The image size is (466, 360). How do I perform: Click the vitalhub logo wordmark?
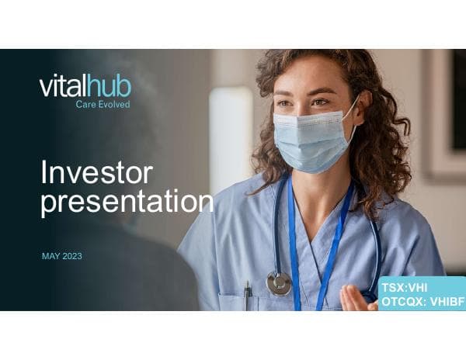(x=85, y=86)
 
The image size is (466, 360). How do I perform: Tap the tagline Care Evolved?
(x=103, y=104)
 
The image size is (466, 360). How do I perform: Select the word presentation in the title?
(x=127, y=202)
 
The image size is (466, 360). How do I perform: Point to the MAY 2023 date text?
(x=61, y=256)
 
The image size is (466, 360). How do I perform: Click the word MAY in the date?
(x=50, y=256)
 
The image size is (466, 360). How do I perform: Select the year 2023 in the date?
(x=71, y=256)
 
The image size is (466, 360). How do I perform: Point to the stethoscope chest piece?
(x=278, y=283)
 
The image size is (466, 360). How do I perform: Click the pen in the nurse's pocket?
(x=247, y=295)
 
